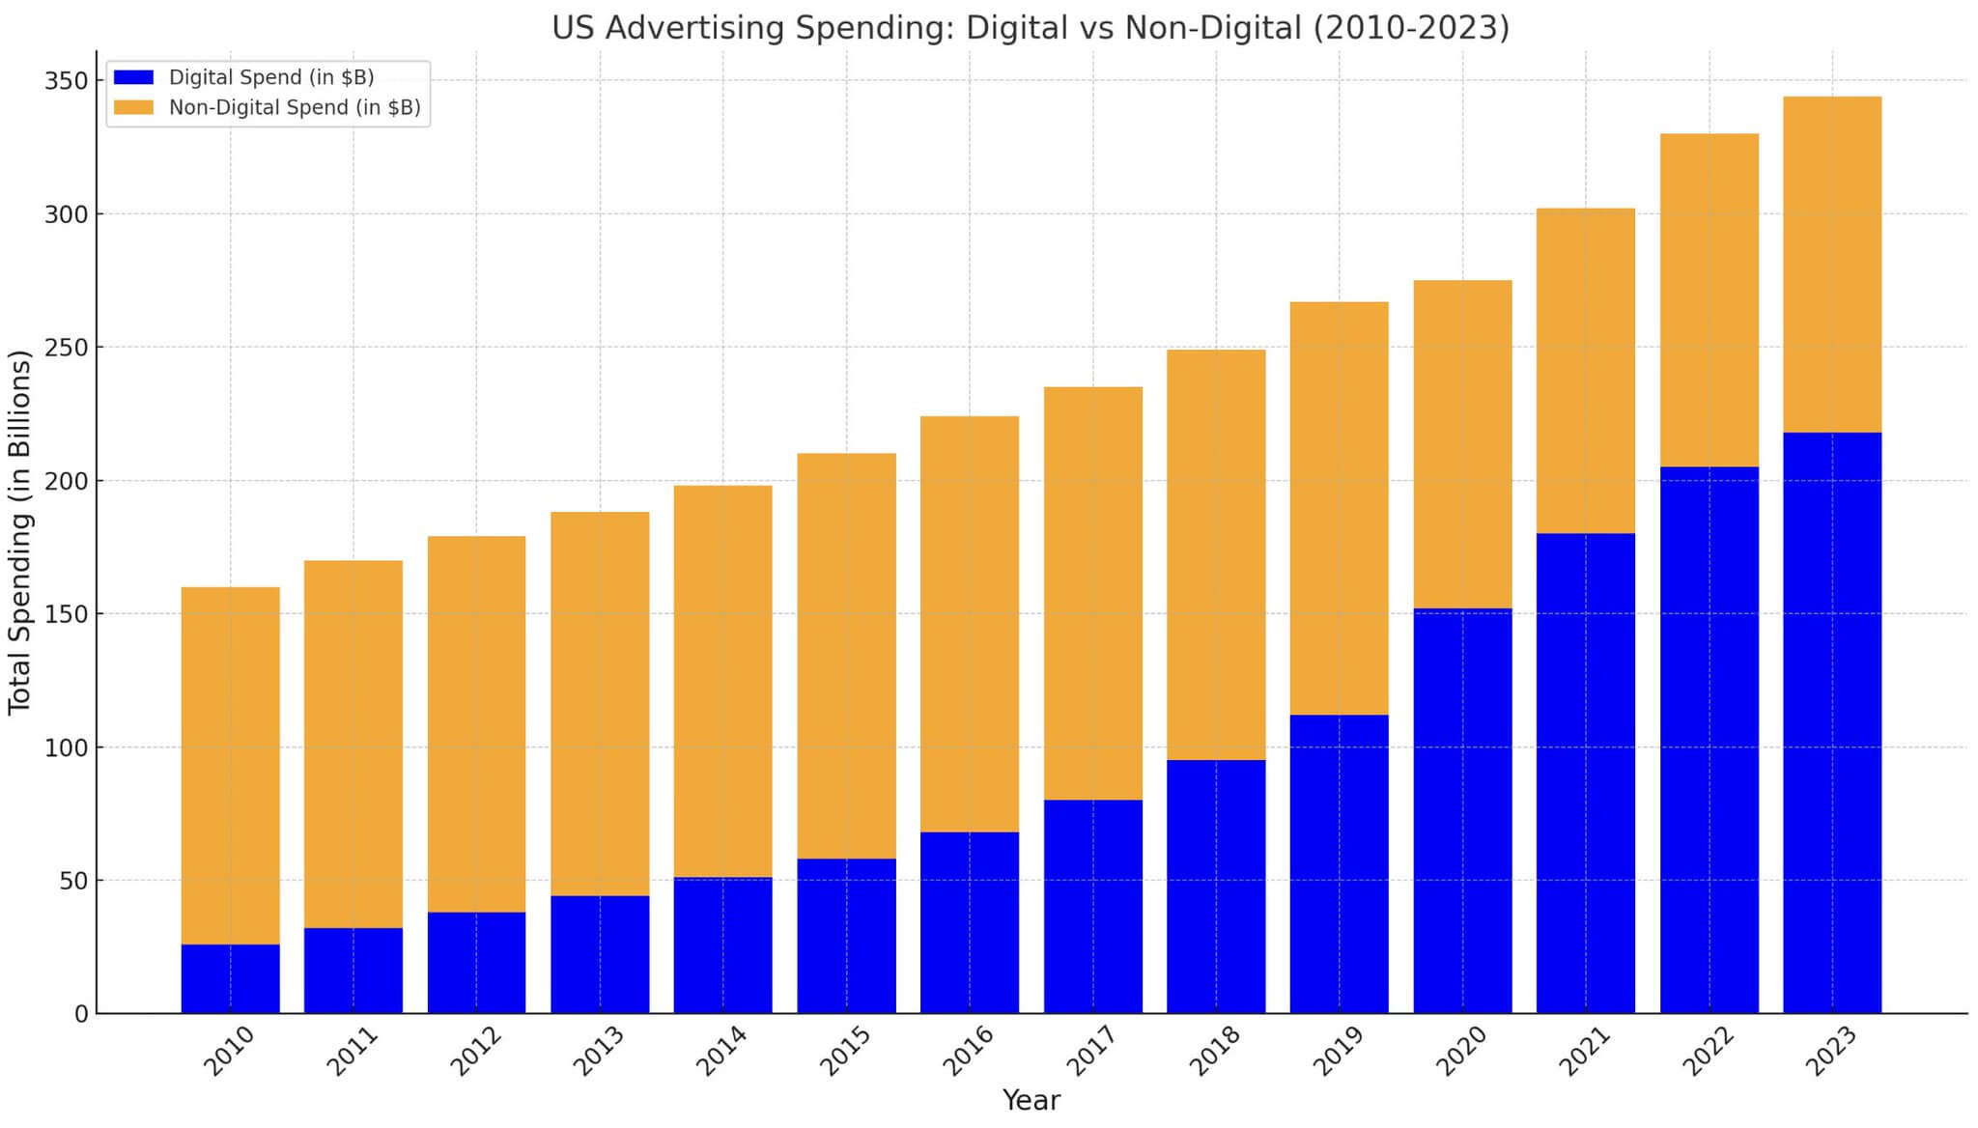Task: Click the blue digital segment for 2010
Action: click(x=230, y=978)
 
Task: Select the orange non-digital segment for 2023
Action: click(x=1832, y=265)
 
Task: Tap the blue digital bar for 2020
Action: click(x=1462, y=811)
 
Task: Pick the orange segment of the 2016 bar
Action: click(x=970, y=624)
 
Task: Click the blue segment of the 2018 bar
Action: click(x=1216, y=887)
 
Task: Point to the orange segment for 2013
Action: click(x=600, y=704)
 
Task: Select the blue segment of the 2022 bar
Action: click(x=1709, y=740)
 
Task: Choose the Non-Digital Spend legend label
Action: click(x=295, y=107)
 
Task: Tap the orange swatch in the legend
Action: click(x=133, y=107)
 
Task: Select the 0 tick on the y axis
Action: click(x=81, y=1014)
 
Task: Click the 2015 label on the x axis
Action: click(x=845, y=1052)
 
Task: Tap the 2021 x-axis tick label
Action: click(x=1585, y=1052)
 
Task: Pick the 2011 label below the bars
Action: click(x=352, y=1052)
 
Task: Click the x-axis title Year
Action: click(x=1031, y=1100)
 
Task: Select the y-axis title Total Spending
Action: click(x=19, y=532)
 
